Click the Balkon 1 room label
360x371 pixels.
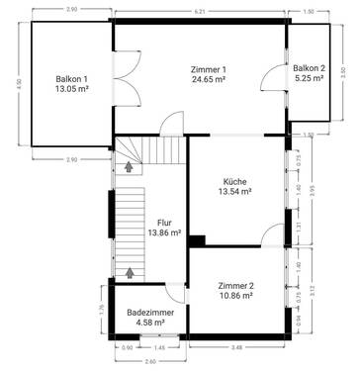71,77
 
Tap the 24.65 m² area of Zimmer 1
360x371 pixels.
209,79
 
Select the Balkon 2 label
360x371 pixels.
308,68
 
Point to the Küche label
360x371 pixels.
235,182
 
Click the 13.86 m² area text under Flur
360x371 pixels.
164,232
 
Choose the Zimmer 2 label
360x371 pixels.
236,285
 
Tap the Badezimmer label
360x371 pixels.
150,312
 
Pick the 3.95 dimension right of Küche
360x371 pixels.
313,190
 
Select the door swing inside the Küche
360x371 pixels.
268,233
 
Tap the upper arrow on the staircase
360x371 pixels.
128,166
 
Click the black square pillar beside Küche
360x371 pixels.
197,239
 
